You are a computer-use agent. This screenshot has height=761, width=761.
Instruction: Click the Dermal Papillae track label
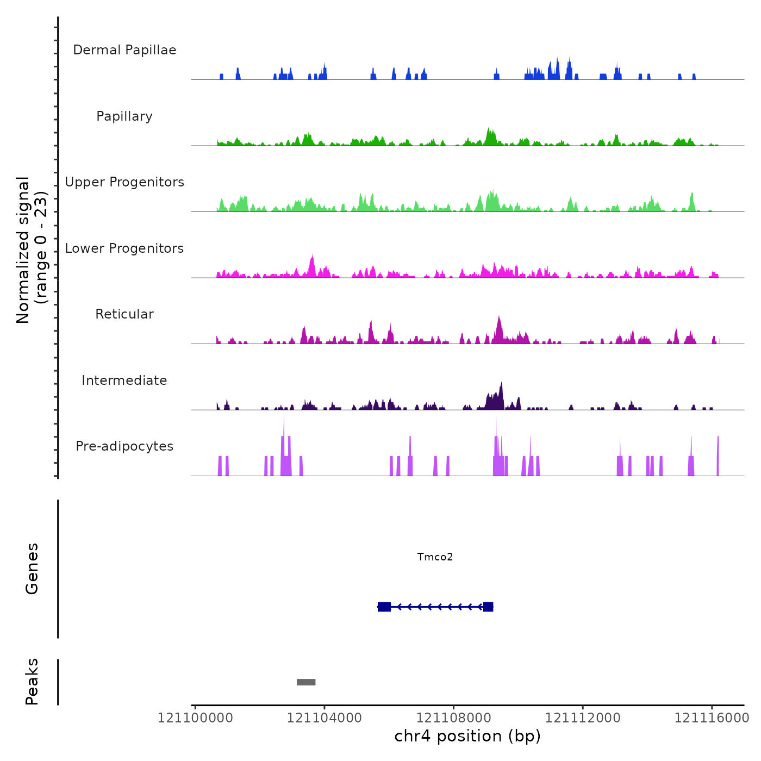point(124,50)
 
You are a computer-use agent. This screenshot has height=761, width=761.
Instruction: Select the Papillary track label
point(124,116)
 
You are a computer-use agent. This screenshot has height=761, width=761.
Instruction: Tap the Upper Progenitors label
point(124,182)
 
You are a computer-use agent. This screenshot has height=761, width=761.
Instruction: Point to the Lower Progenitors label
point(124,248)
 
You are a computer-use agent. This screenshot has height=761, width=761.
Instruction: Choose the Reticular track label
point(124,314)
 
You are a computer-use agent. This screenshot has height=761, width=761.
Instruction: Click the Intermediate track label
point(124,380)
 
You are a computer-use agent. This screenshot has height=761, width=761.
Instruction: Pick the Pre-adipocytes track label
point(124,446)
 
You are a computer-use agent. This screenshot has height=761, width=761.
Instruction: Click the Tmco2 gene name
point(435,557)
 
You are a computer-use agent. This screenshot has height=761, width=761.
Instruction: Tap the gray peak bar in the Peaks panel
point(306,682)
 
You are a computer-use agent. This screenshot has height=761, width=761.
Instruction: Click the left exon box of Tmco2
point(384,607)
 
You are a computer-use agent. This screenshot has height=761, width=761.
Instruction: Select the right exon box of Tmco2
point(488,607)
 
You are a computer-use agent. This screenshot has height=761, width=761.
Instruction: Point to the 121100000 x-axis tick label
point(195,718)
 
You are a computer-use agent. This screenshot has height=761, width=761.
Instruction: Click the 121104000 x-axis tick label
point(325,718)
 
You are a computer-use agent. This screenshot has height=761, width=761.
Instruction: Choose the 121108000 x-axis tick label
point(453,718)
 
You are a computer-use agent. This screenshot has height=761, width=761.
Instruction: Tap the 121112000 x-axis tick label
point(583,718)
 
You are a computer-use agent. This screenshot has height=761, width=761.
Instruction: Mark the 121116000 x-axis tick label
point(712,718)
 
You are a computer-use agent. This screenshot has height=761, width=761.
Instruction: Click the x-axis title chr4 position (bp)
point(467,736)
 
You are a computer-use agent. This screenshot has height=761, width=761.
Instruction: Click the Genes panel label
point(32,569)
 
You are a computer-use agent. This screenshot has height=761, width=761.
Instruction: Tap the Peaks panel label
point(32,682)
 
